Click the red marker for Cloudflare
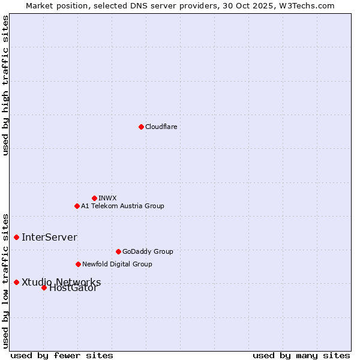coord(141,127)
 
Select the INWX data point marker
coord(94,198)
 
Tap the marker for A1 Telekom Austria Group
coord(77,206)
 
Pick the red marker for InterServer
coord(16,237)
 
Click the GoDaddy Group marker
coord(118,251)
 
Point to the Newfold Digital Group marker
coord(78,264)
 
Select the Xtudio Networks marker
coord(16,282)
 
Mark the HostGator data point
coord(44,287)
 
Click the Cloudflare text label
coord(161,127)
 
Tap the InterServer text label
coord(49,237)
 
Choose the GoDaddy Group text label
coord(148,251)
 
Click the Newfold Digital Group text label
coord(117,264)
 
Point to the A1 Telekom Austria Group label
coord(122,206)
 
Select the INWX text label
coord(107,198)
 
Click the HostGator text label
coord(73,288)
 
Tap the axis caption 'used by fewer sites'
coord(62,355)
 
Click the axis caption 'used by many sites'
coord(301,355)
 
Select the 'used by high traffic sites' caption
coord(5,85)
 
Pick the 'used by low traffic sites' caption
coord(5,280)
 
